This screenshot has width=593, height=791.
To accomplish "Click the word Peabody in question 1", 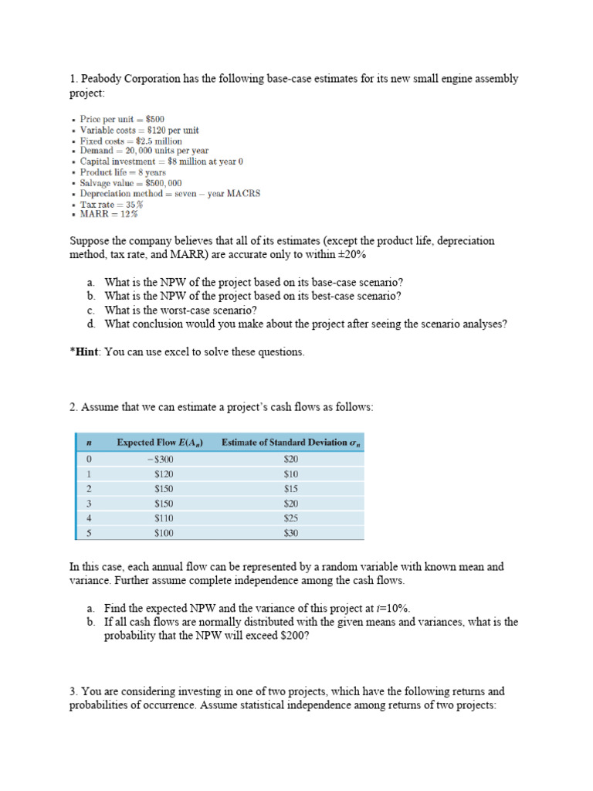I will (x=100, y=79).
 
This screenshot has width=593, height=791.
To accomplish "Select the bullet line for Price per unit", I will (x=122, y=120).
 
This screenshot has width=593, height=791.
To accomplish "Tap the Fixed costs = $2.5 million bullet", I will (x=131, y=141).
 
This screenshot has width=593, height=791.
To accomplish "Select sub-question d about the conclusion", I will (x=306, y=324).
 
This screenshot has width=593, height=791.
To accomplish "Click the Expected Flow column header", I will (x=154, y=443).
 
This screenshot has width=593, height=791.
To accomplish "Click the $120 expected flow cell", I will (x=164, y=474).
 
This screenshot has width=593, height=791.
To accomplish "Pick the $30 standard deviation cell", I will (x=291, y=533).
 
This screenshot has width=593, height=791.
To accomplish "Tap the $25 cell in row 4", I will (x=291, y=518).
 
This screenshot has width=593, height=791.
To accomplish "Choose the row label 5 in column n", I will (x=90, y=533).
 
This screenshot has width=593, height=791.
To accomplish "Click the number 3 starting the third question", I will (x=73, y=691).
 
